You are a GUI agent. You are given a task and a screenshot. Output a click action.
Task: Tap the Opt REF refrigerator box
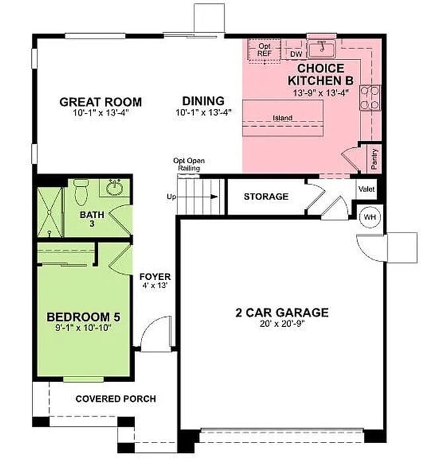pyautogui.click(x=264, y=50)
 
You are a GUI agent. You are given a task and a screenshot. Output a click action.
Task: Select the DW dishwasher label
pyautogui.click(x=296, y=54)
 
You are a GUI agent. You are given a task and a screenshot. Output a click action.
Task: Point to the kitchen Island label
pyautogui.click(x=282, y=119)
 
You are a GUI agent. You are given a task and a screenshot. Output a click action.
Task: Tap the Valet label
pyautogui.click(x=366, y=190)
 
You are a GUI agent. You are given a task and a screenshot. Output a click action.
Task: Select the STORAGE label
pyautogui.click(x=266, y=197)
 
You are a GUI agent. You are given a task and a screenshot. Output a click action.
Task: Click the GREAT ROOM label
pyautogui.click(x=101, y=102)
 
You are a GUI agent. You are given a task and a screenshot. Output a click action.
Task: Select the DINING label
pyautogui.click(x=203, y=101)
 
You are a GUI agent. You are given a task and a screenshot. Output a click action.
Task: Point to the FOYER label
pyautogui.click(x=155, y=277)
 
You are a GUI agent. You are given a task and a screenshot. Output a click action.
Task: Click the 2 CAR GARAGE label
pyautogui.click(x=282, y=312)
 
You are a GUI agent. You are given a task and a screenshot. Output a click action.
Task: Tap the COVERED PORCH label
pyautogui.click(x=116, y=398)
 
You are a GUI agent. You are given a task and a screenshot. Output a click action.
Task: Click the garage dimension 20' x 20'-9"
pyautogui.click(x=282, y=324)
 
